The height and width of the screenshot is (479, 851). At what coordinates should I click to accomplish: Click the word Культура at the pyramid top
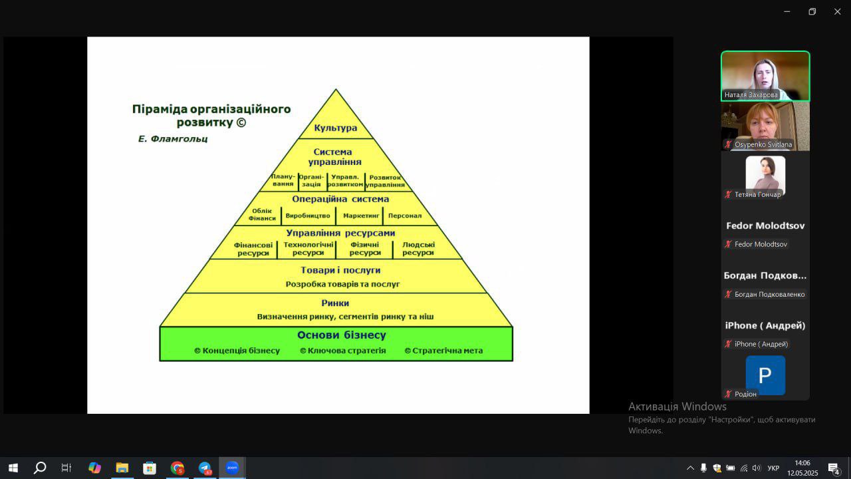(x=336, y=128)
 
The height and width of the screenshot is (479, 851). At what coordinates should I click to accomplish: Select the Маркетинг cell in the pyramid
(x=361, y=216)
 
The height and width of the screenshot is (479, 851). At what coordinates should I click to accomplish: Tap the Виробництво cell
(x=308, y=216)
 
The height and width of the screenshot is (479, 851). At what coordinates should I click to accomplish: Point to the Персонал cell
(x=405, y=216)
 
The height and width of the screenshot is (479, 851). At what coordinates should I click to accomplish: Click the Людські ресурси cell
(x=418, y=249)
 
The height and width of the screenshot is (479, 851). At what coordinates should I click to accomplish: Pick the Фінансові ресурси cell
(x=253, y=249)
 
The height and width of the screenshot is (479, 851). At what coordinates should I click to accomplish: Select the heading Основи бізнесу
(x=342, y=335)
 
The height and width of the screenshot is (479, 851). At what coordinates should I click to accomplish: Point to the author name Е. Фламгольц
(x=173, y=139)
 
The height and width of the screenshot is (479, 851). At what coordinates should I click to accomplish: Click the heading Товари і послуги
(x=340, y=270)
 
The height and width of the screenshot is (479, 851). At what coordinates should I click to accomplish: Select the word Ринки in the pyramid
(x=335, y=303)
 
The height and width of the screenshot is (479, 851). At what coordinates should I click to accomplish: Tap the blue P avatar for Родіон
(x=765, y=375)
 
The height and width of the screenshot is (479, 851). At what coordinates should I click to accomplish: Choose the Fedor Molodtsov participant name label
(x=761, y=244)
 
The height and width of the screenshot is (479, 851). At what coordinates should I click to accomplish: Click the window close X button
(x=837, y=11)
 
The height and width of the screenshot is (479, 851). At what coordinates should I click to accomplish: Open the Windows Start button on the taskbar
(x=13, y=468)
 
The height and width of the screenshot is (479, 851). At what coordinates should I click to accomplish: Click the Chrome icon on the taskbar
(x=177, y=468)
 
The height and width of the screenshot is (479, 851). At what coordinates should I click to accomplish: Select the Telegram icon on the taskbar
(x=205, y=468)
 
